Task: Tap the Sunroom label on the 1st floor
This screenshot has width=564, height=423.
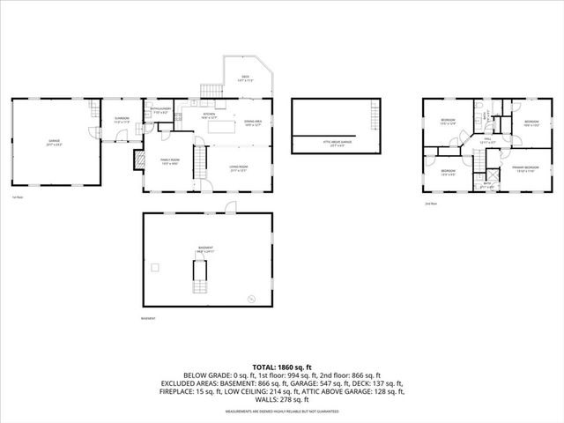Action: click(122, 119)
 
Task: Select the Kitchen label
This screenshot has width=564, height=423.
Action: click(209, 115)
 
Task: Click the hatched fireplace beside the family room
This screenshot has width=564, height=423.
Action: click(137, 159)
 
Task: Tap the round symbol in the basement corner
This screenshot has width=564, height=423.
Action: click(250, 300)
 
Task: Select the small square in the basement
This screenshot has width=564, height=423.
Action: click(155, 265)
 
